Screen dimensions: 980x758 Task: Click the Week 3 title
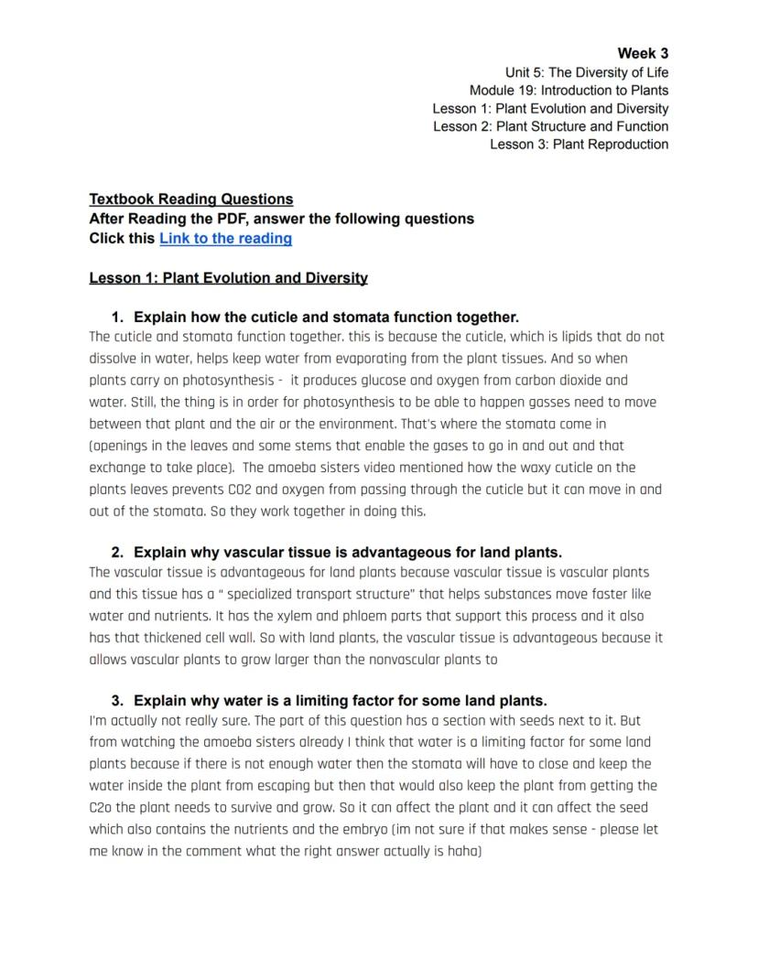coord(643,53)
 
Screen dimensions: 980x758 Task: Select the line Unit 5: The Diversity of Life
coord(586,72)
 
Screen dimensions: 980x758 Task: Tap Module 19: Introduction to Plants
coord(568,91)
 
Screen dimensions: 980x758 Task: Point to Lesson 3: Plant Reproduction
coord(579,145)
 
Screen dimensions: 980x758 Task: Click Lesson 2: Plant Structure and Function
coord(550,126)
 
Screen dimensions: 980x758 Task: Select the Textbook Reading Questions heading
coord(191,199)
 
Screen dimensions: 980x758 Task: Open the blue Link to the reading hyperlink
coord(225,239)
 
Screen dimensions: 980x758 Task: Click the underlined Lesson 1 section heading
coord(228,278)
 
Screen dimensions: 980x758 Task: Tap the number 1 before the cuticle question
coord(116,318)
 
